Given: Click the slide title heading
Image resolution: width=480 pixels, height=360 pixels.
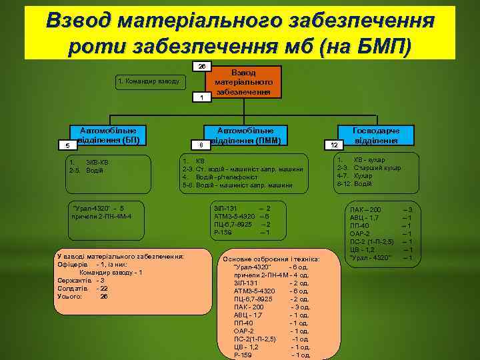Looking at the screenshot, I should pos(239,32).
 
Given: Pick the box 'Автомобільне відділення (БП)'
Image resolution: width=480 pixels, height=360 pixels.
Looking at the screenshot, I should pos(109,135).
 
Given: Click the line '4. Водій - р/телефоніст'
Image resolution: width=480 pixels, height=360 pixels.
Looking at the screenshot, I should pos(223,177).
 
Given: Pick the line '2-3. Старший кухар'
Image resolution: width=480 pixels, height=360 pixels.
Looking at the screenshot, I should pos(369,168).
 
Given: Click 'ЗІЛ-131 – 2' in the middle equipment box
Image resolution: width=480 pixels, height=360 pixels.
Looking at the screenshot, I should pos(241,208).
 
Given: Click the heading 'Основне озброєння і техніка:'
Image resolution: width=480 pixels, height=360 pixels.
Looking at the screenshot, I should pos(271,259).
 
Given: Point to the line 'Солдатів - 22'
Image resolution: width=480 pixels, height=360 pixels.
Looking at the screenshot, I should pos(83,289).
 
